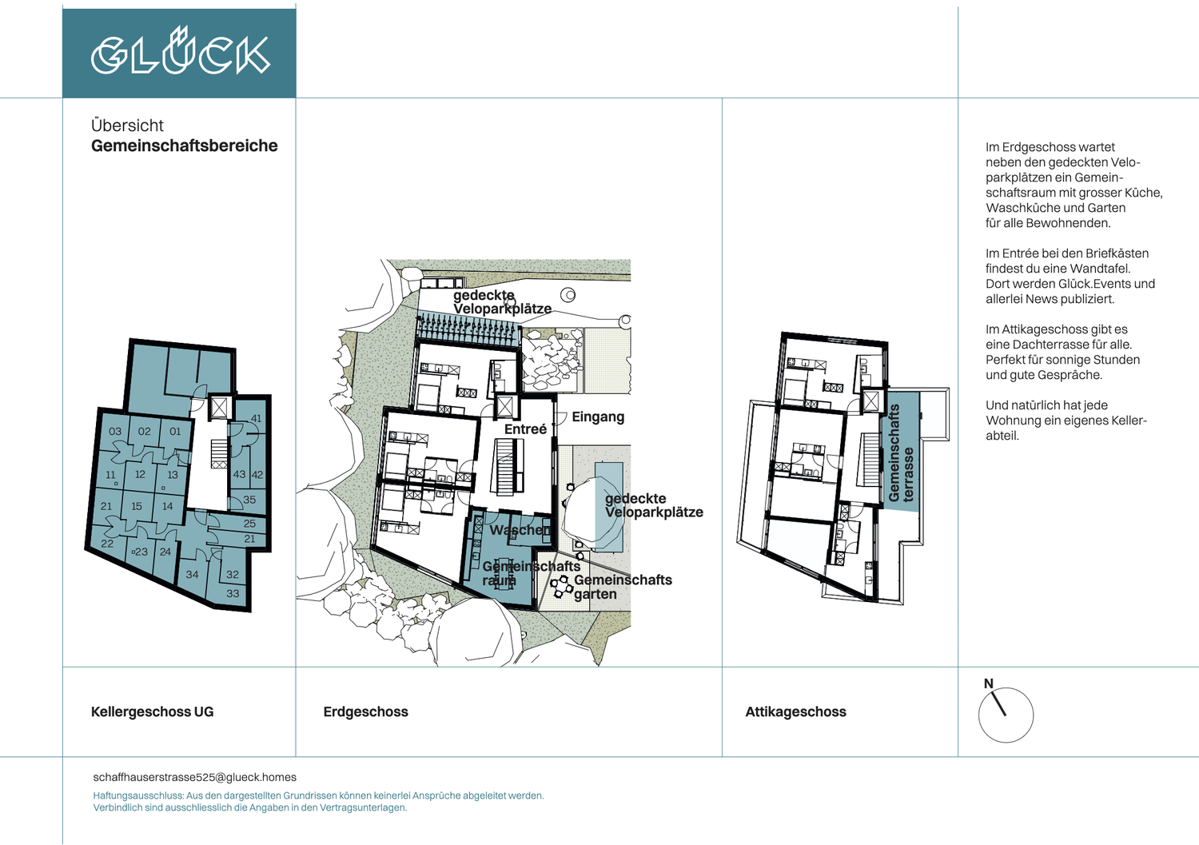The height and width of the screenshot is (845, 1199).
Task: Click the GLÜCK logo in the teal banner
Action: click(181, 51)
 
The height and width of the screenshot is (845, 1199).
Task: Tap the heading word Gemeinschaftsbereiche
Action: click(184, 145)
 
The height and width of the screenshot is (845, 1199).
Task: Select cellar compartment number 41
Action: click(256, 419)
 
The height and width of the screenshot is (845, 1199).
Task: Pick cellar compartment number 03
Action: click(115, 432)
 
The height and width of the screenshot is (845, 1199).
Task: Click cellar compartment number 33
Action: click(233, 593)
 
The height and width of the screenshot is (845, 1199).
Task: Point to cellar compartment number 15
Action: click(137, 506)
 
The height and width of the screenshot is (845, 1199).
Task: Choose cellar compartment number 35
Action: click(249, 500)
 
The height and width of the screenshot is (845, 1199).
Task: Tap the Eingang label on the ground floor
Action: click(598, 417)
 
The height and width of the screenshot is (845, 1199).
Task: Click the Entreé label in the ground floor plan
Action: click(525, 429)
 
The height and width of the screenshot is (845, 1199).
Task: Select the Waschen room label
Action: click(520, 529)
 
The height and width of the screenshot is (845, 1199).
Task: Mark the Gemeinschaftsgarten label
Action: click(623, 587)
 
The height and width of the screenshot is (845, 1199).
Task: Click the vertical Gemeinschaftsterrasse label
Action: click(901, 453)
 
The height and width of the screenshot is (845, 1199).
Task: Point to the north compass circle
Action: click(1006, 715)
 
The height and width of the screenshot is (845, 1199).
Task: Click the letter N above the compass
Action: click(989, 684)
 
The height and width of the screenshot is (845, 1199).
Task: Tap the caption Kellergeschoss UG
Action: click(152, 711)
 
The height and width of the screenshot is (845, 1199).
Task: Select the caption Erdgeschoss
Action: click(365, 711)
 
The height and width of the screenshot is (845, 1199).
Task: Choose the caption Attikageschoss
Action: click(796, 711)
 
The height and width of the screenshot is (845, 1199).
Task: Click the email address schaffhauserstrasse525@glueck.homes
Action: click(195, 777)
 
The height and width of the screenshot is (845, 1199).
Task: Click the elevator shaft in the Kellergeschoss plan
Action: click(219, 408)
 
